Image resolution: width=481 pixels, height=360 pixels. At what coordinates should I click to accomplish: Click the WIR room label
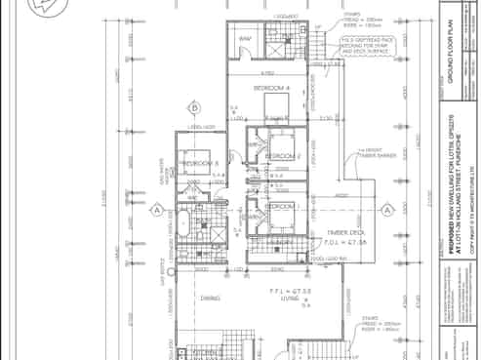245,40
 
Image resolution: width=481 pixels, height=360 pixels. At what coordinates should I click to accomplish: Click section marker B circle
195,107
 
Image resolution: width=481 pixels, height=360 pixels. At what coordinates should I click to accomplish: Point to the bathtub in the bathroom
183,223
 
